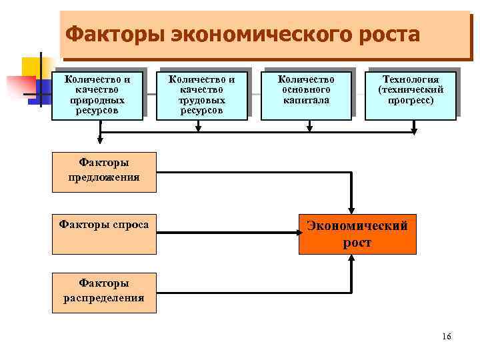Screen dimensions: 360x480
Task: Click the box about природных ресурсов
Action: click(98, 95)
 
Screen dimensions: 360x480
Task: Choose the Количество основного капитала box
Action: click(306, 95)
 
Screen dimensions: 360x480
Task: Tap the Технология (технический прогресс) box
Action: click(411, 95)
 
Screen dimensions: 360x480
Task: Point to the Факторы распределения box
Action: click(104, 292)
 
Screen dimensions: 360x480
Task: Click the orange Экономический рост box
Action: click(357, 234)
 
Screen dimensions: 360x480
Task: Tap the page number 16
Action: click(446, 336)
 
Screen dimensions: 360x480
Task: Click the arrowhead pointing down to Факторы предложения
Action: click(100, 139)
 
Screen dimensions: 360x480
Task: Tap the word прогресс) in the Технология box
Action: click(411, 100)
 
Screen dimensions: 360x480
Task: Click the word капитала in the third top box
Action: click(306, 100)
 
